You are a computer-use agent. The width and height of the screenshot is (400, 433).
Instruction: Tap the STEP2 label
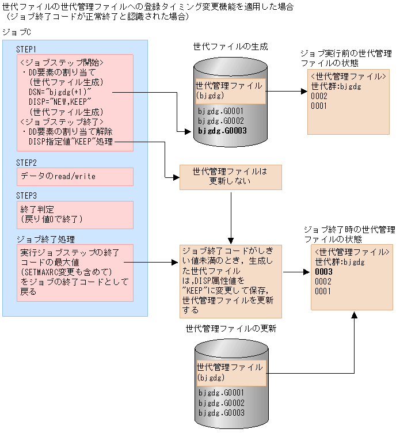pos(27,162)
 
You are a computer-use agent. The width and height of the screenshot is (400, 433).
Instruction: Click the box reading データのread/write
pos(75,176)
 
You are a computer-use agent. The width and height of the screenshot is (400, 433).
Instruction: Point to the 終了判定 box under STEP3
pos(75,214)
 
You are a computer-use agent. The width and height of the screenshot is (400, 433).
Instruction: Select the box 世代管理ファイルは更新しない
pos(230,177)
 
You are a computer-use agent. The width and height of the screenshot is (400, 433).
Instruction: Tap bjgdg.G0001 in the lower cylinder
pos(221,393)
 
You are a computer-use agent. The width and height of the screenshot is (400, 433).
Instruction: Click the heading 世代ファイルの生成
pos(231,45)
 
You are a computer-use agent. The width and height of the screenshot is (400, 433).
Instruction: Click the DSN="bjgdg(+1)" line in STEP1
pos(60,92)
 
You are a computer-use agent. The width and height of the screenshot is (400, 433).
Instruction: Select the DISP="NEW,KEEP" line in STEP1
pos(60,101)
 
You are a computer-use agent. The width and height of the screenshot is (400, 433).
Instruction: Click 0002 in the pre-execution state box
pos(319,96)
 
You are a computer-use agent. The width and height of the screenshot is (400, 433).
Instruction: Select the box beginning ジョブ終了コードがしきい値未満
pos(230,280)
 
